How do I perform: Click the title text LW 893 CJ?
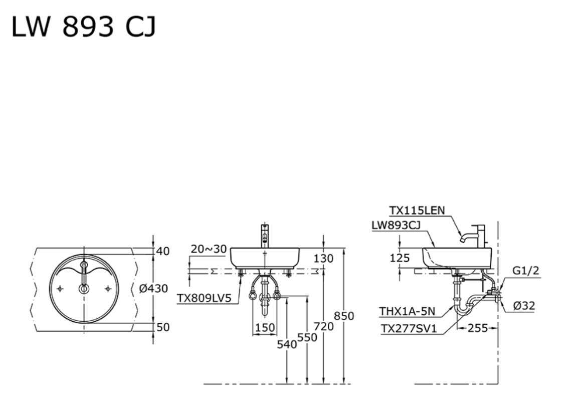tap(84, 27)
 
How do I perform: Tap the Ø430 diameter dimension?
tap(153, 289)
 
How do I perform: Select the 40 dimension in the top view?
tap(163, 252)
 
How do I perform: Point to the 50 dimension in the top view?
tap(163, 327)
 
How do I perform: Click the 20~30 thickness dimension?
tap(209, 249)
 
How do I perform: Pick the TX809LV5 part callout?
tap(205, 298)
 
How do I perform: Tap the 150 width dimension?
tap(265, 328)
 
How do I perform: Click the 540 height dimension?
tap(287, 344)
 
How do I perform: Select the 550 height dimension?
tap(307, 338)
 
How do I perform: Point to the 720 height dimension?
tap(324, 326)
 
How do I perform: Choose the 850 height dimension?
tap(344, 316)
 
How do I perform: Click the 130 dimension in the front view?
tap(323, 259)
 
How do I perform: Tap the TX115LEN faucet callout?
tap(417, 211)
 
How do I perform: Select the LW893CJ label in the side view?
tap(396, 226)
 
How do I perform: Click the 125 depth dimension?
tap(400, 258)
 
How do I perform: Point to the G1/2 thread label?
tap(526, 271)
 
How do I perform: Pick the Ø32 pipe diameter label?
tap(524, 306)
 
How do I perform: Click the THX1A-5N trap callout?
tap(407, 312)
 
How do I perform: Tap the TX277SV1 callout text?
tap(409, 329)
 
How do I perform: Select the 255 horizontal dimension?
tap(478, 328)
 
